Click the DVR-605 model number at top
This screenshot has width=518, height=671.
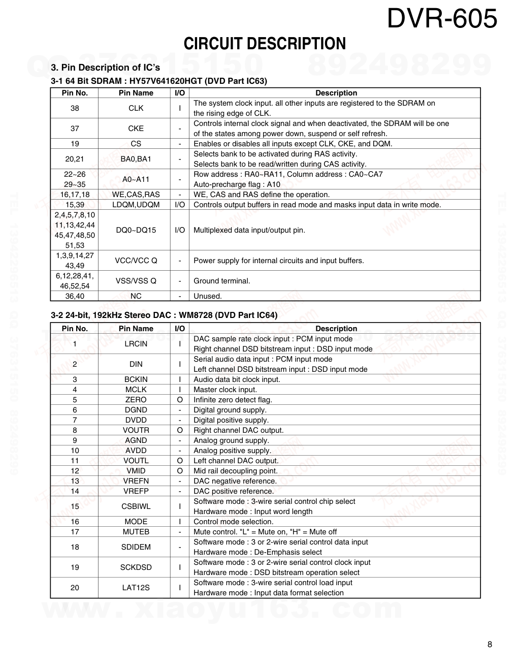tap(442, 19)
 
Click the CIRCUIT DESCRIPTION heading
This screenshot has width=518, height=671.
tap(265, 44)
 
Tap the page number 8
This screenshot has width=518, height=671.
tap(490, 645)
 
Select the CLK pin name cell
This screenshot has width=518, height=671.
tap(136, 108)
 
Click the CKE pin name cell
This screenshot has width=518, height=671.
tap(136, 129)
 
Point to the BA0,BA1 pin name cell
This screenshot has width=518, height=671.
tap(136, 159)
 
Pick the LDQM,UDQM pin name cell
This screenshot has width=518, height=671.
tap(136, 205)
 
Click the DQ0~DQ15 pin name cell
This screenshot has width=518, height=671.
tap(136, 230)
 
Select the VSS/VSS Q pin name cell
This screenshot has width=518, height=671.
tap(136, 281)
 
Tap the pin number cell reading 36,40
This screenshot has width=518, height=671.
tap(75, 296)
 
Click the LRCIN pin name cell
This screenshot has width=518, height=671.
tap(136, 344)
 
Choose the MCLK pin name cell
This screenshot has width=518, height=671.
tap(136, 390)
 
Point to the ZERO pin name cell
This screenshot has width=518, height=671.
tap(136, 400)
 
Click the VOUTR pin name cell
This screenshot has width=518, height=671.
tap(136, 430)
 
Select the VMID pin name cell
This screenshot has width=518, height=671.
tap(136, 471)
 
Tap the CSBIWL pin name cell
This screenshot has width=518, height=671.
tap(136, 506)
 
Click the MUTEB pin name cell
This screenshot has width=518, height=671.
tap(136, 532)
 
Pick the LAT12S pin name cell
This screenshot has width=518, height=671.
tap(136, 588)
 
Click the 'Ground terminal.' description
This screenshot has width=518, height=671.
tap(222, 281)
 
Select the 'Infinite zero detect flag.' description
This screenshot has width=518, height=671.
tap(233, 400)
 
